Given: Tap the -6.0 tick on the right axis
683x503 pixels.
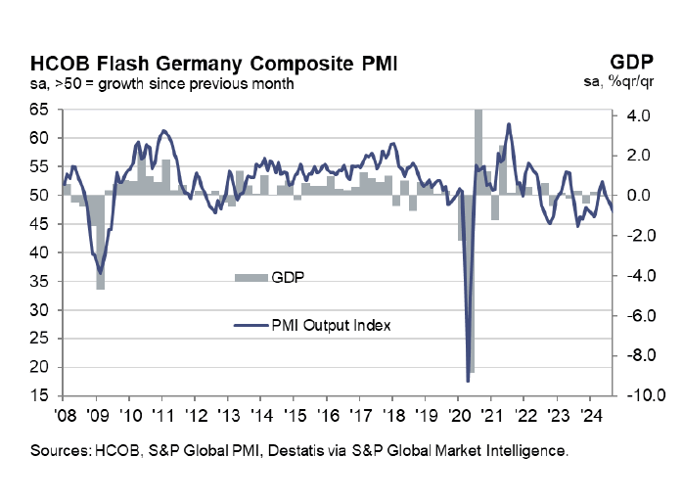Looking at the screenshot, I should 641,315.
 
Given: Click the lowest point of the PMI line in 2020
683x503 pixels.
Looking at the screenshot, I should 467,380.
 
